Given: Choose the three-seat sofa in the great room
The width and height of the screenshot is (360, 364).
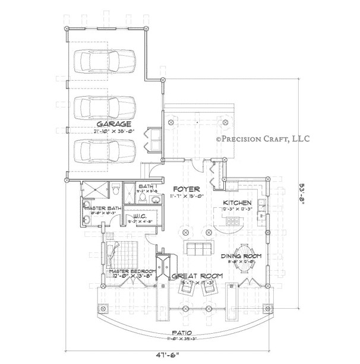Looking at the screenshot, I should (197, 248).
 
